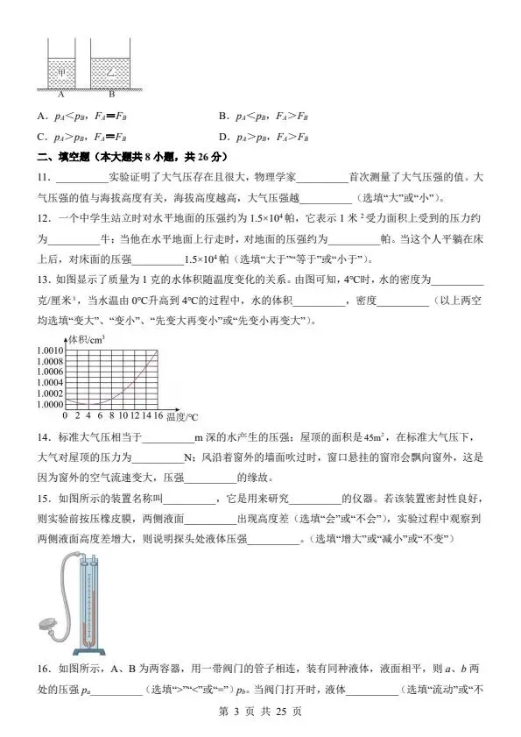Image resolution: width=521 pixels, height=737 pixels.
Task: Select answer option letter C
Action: (x=41, y=137)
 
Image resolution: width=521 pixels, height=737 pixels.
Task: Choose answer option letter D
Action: (x=223, y=137)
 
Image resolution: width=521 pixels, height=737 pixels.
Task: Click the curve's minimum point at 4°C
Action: (x=88, y=405)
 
